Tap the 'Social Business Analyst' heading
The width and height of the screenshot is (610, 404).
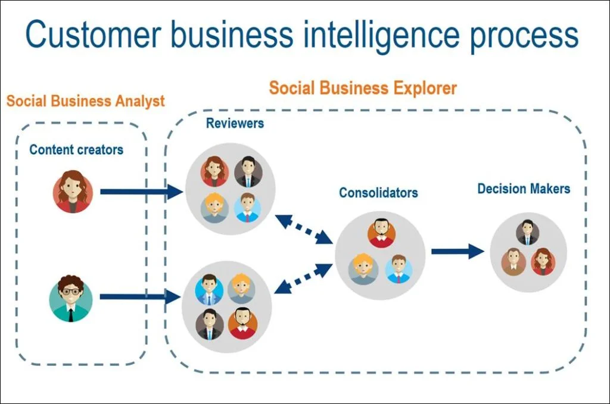click(86, 101)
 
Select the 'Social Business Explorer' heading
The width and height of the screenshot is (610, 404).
click(363, 89)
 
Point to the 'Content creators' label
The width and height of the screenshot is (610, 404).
click(76, 149)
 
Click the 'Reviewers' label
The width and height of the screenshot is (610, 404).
click(235, 124)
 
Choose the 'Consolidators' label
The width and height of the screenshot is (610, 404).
click(378, 193)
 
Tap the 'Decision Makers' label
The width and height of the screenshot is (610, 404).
click(524, 189)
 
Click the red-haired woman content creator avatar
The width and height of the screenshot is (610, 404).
click(73, 192)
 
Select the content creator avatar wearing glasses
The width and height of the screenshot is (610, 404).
click(71, 297)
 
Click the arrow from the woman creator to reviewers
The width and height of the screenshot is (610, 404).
click(141, 192)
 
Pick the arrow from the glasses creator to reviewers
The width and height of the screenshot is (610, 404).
click(141, 296)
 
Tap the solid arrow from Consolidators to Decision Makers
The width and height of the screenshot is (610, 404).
click(457, 251)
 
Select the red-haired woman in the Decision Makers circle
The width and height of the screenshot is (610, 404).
click(542, 261)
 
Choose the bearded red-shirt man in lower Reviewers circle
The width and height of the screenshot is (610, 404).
click(242, 323)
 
